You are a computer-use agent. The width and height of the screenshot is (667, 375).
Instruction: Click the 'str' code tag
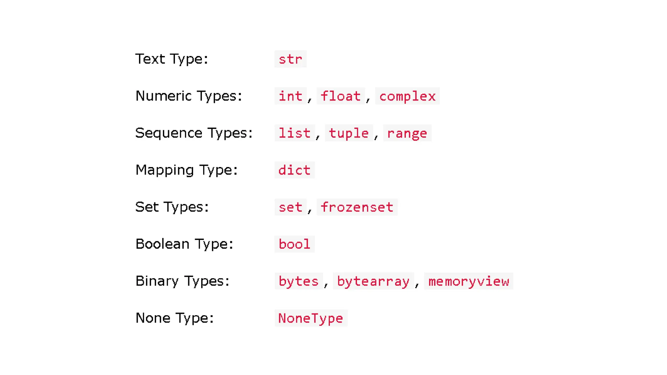pyautogui.click(x=290, y=59)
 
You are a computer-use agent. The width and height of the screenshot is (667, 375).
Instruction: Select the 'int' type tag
pyautogui.click(x=290, y=96)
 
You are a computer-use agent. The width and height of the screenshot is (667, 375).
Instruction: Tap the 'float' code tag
pyautogui.click(x=341, y=96)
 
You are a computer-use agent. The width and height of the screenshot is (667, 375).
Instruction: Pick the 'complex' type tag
pyautogui.click(x=407, y=96)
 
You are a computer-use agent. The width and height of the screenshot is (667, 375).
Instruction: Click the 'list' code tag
pyautogui.click(x=294, y=133)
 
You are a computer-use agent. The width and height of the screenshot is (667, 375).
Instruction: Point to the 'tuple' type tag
pyautogui.click(x=348, y=133)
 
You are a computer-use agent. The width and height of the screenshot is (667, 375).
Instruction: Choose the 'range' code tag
pyautogui.click(x=407, y=133)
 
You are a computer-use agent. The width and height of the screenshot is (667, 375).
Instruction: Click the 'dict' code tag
pyautogui.click(x=294, y=170)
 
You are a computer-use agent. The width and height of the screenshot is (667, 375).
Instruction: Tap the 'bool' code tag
pyautogui.click(x=294, y=244)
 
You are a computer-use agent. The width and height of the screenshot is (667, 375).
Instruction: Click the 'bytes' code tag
pyautogui.click(x=298, y=281)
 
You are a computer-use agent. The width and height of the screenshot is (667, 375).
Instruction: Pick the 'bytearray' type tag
pyautogui.click(x=373, y=281)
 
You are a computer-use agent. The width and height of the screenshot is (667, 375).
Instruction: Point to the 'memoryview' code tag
pyautogui.click(x=468, y=281)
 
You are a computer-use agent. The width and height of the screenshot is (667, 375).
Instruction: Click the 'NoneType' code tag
pyautogui.click(x=311, y=318)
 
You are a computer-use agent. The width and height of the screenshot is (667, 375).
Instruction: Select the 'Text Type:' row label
pyautogui.click(x=172, y=59)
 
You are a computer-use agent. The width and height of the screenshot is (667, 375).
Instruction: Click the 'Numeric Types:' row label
pyautogui.click(x=189, y=96)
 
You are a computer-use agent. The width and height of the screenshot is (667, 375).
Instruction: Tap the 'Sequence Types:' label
pyautogui.click(x=194, y=133)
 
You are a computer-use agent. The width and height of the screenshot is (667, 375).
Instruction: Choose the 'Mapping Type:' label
pyautogui.click(x=187, y=170)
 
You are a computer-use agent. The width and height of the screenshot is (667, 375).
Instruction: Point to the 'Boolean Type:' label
pyautogui.click(x=184, y=244)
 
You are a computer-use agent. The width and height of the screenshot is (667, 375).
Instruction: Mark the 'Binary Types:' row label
pyautogui.click(x=182, y=281)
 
